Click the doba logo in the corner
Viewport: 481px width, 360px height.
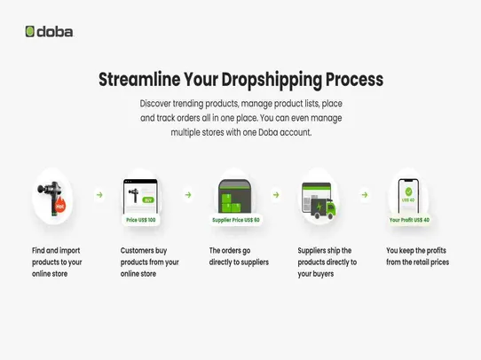tap(49, 32)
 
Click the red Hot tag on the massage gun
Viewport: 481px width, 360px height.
tap(60, 207)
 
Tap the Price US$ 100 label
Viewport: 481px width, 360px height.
tap(140, 219)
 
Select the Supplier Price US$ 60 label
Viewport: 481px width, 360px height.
tap(235, 219)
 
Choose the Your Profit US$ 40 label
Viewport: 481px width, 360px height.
tap(409, 219)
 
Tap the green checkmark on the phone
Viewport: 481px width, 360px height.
tap(409, 189)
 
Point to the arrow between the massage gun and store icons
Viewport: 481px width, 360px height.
tap(99, 194)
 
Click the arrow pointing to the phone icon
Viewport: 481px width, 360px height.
tap(365, 194)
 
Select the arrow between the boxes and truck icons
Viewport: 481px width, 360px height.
tap(276, 194)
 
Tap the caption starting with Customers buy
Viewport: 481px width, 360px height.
tap(150, 262)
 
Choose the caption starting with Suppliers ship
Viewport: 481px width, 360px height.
tap(327, 262)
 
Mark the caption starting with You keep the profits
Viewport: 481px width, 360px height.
tap(417, 256)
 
